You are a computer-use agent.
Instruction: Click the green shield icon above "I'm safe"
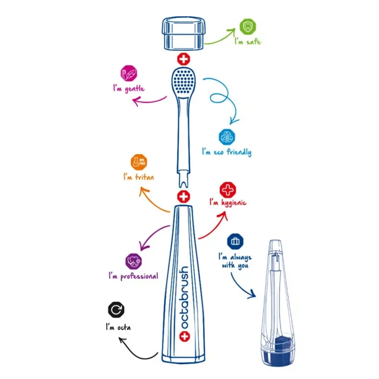(248, 27)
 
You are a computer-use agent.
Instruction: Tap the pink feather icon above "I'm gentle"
(129, 73)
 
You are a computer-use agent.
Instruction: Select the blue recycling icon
(227, 137)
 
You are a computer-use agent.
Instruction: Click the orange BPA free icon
(139, 162)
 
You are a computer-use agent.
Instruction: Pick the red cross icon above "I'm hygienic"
(228, 190)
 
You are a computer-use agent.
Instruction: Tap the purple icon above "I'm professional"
(134, 262)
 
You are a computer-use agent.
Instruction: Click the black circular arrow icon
(116, 310)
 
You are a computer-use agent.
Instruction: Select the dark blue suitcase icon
(235, 241)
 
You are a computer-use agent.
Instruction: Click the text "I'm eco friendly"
(227, 152)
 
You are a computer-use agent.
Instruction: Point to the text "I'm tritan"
(139, 177)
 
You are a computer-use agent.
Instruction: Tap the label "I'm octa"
(119, 328)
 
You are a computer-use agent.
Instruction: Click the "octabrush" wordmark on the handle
(184, 298)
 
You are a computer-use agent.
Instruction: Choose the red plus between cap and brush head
(184, 59)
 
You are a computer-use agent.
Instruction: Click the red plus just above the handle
(184, 197)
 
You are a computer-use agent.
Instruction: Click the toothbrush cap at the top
(184, 33)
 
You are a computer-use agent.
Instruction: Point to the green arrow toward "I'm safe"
(219, 37)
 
